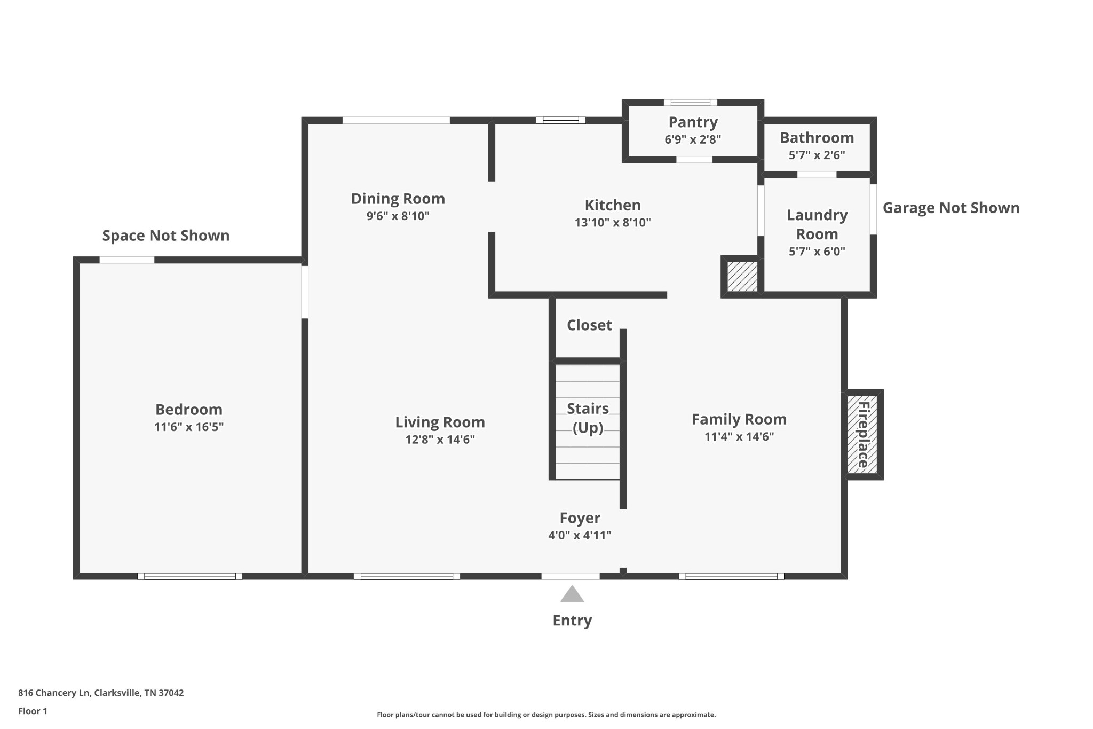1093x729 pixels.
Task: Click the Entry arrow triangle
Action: coord(572,594)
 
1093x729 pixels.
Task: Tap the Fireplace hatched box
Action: coord(862,434)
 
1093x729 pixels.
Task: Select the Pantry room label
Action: coord(693,122)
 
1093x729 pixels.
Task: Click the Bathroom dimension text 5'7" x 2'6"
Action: coord(817,155)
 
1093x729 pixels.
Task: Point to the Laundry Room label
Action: coord(817,224)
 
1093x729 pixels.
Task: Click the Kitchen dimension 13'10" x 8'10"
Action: coord(613,223)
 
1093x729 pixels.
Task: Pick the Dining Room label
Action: coord(398,199)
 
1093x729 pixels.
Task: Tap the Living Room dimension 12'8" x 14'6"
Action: coord(440,440)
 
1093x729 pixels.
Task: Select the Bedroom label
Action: coord(188,410)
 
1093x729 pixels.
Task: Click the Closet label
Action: coord(589,325)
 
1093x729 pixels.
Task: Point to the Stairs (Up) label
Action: coord(588,418)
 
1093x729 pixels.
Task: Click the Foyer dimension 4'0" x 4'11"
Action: coord(580,535)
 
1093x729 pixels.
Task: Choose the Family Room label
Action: coord(739,419)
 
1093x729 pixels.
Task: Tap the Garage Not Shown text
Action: coord(951,208)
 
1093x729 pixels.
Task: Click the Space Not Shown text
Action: coord(166,236)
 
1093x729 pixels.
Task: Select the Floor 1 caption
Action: coord(33,711)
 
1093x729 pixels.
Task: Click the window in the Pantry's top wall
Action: coord(691,103)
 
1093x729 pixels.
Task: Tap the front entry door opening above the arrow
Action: coord(571,576)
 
